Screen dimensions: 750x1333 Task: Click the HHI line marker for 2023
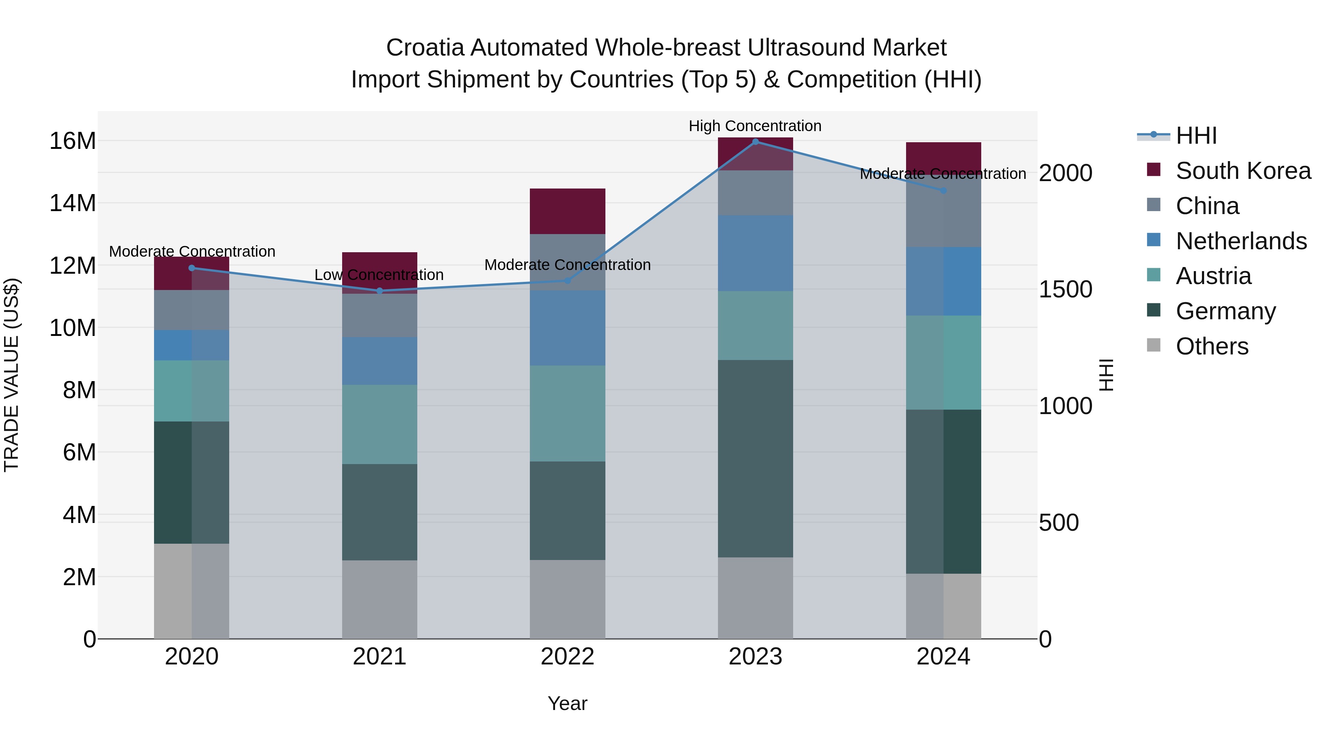click(x=755, y=142)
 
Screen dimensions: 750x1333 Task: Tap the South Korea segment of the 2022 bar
click(x=567, y=211)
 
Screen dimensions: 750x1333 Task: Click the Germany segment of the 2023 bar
click(x=755, y=459)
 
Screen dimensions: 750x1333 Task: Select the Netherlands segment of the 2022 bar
click(x=567, y=328)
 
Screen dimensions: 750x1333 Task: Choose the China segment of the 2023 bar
click(x=755, y=193)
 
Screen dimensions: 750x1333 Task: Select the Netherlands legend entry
click(x=1241, y=241)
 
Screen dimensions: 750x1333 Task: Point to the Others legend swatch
click(x=1153, y=345)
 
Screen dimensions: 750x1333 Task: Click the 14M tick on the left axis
click(x=73, y=203)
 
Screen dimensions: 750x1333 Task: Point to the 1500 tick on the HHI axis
click(x=1065, y=289)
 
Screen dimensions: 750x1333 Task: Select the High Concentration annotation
click(x=755, y=126)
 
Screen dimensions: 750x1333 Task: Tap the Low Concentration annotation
click(x=379, y=275)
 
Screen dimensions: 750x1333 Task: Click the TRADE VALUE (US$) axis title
click(x=11, y=375)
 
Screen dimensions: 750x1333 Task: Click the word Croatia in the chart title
click(x=424, y=48)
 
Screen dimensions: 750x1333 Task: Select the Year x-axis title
click(x=567, y=703)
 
